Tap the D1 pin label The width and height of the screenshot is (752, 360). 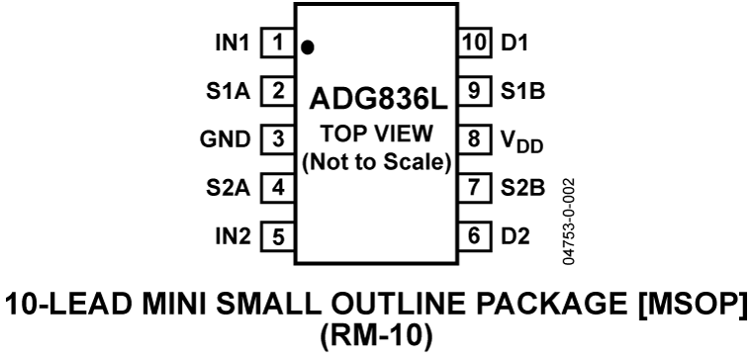coord(515,44)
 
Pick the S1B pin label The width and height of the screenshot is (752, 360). coord(520,92)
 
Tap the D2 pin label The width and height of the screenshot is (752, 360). coord(515,236)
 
